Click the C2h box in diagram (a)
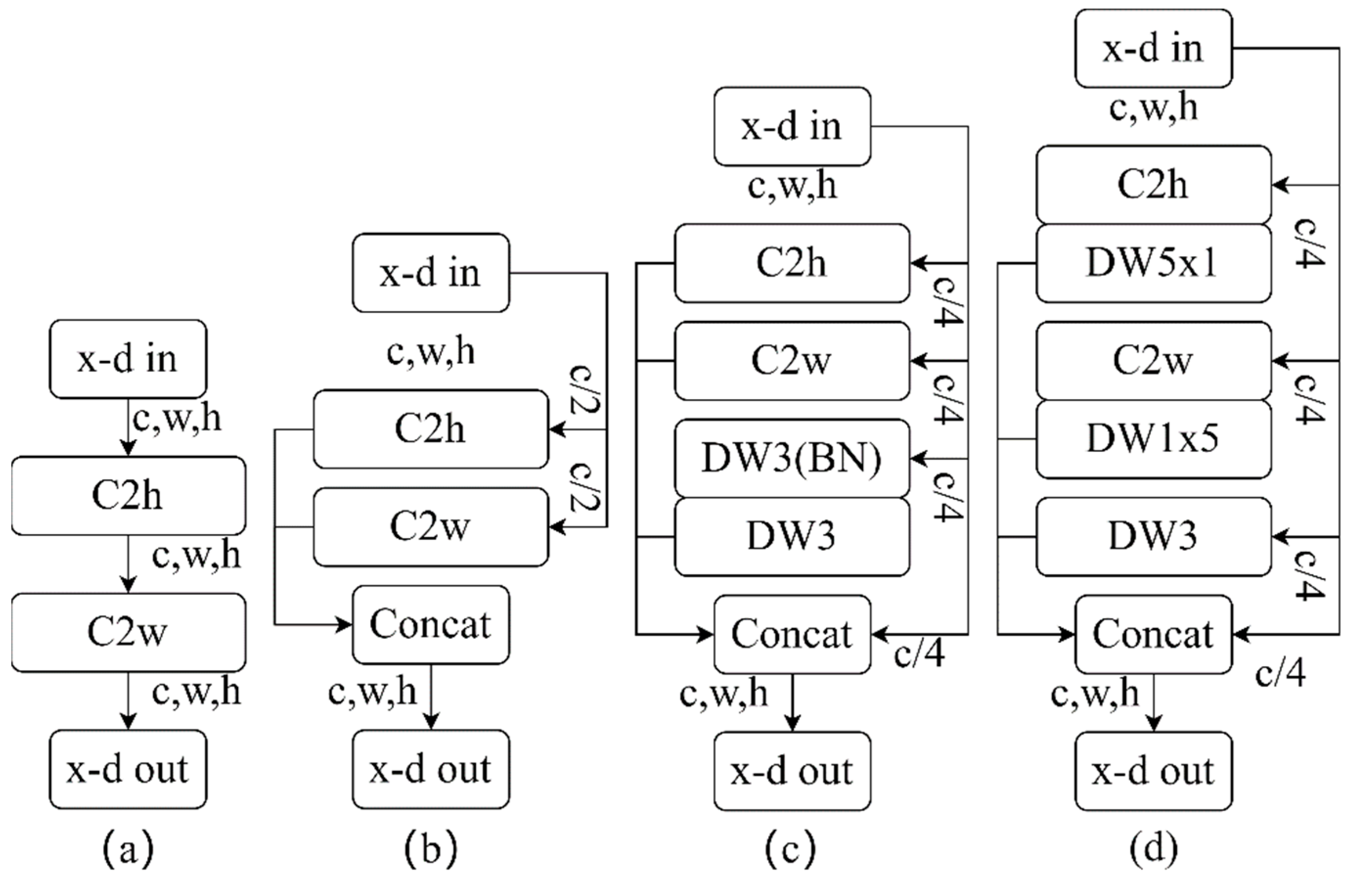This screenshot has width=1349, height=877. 128,495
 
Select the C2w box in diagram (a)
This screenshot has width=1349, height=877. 128,632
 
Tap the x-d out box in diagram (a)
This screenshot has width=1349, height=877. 128,769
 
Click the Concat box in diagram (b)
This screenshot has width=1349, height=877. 431,624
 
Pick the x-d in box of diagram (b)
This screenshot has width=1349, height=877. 431,272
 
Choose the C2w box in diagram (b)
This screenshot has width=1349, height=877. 431,527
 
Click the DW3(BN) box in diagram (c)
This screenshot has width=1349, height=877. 792,458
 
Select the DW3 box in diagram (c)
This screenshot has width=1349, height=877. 792,536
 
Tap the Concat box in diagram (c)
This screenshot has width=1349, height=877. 792,634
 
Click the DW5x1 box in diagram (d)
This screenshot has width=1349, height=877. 1153,263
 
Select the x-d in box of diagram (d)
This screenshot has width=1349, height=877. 1153,48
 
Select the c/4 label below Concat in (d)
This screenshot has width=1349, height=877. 1281,674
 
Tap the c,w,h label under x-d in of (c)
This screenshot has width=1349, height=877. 792,186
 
